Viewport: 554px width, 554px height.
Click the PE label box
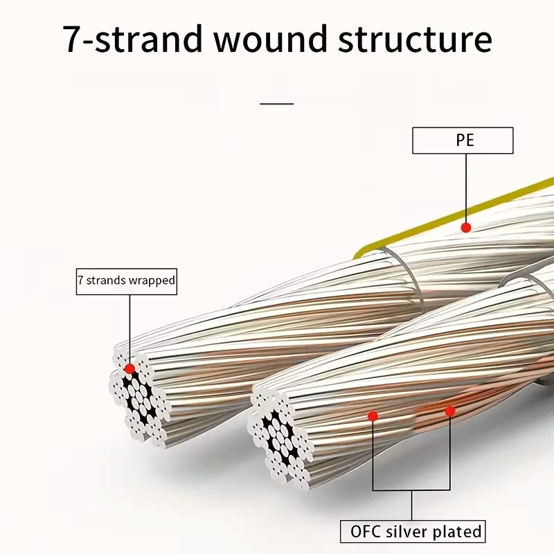463,141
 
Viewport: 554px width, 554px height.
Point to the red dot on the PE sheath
466,227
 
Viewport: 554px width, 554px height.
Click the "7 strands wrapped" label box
125,281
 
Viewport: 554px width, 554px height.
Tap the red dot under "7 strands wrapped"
129,368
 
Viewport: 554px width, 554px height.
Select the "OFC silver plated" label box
412,532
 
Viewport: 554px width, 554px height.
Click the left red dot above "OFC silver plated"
373,416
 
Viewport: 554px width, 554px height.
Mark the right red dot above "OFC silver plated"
449,411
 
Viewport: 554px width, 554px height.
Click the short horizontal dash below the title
277,104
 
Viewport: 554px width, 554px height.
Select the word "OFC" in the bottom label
363,532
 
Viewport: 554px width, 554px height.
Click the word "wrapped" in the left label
152,281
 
